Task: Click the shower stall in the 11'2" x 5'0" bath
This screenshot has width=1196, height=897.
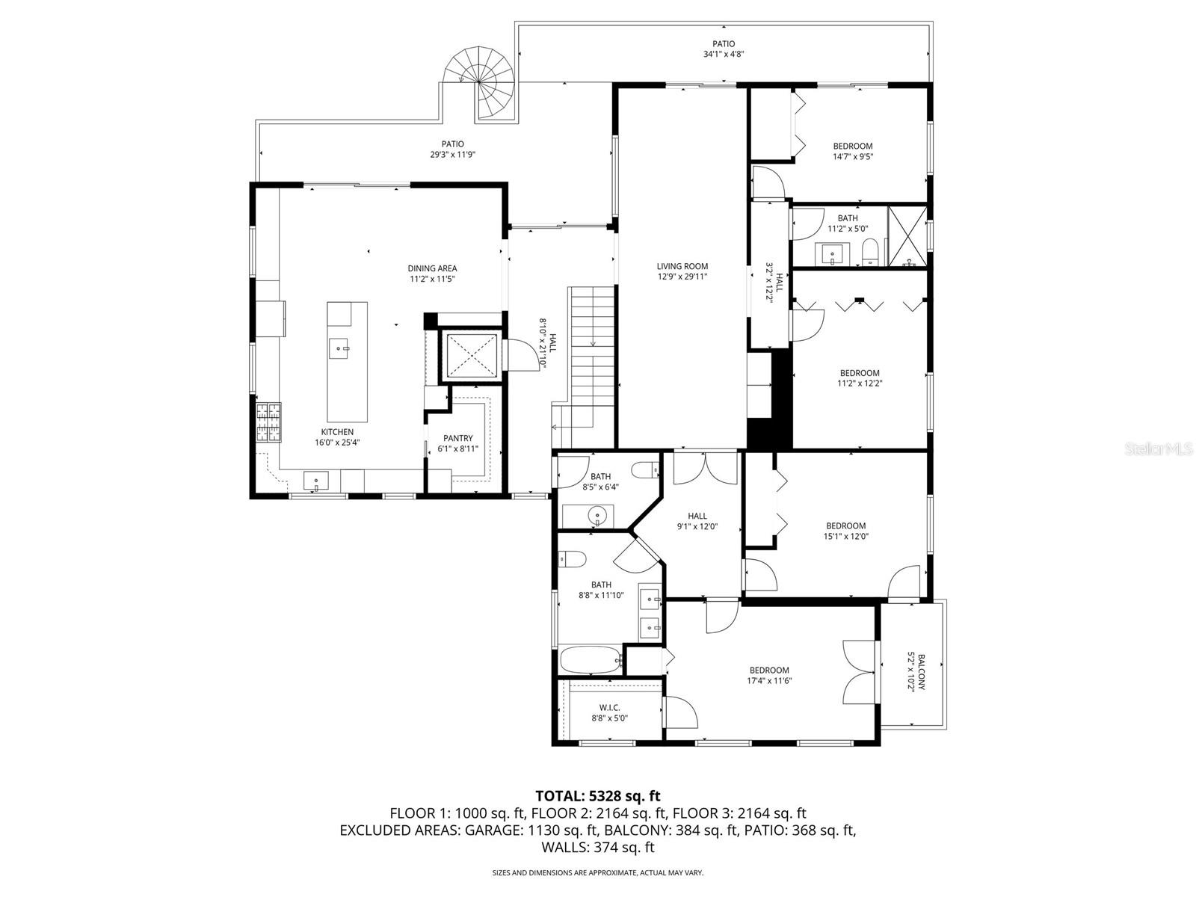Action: point(907,235)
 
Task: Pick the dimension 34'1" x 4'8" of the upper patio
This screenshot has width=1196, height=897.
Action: point(723,55)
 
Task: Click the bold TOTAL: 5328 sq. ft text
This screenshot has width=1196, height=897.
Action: point(597,796)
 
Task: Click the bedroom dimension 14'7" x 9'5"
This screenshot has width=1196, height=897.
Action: point(853,157)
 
